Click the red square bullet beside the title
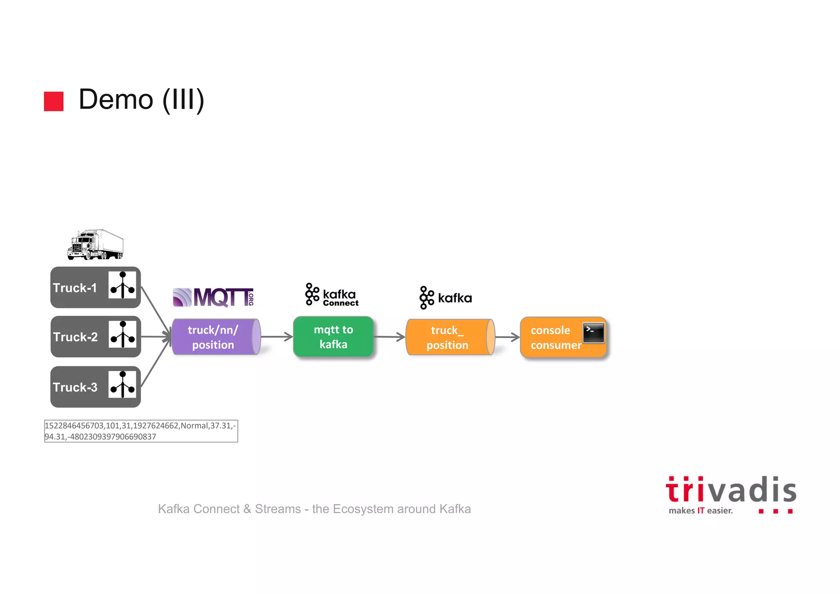click(x=54, y=101)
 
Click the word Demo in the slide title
click(x=116, y=100)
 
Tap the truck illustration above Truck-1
click(x=96, y=245)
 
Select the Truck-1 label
click(x=75, y=288)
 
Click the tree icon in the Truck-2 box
click(x=122, y=335)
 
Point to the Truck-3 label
click(x=75, y=387)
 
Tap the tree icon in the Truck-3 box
click(x=122, y=385)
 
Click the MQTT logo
click(x=213, y=297)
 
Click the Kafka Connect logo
click(x=332, y=295)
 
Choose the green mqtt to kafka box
click(x=333, y=337)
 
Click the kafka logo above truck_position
click(x=445, y=298)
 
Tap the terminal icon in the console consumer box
click(x=593, y=333)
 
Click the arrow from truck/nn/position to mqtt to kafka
click(x=277, y=337)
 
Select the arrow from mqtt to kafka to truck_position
click(x=390, y=337)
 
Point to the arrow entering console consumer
click(x=508, y=337)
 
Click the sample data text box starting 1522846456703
click(x=141, y=431)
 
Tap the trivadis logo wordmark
click(x=730, y=491)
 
